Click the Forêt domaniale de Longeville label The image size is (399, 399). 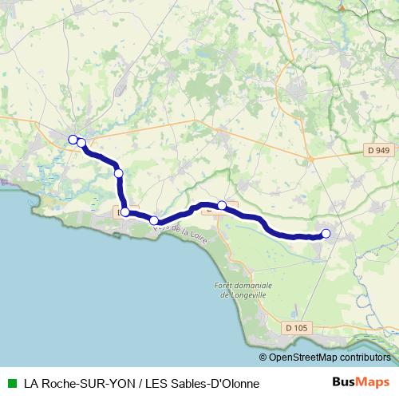click(243, 289)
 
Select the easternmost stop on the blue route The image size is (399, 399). click(326, 234)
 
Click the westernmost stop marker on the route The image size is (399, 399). click(73, 140)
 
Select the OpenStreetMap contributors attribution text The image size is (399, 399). click(329, 358)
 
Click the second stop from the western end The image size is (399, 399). click(81, 143)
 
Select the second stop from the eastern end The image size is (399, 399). click(222, 206)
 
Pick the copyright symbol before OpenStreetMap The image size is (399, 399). click(263, 358)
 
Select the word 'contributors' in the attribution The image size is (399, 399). click(364, 358)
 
